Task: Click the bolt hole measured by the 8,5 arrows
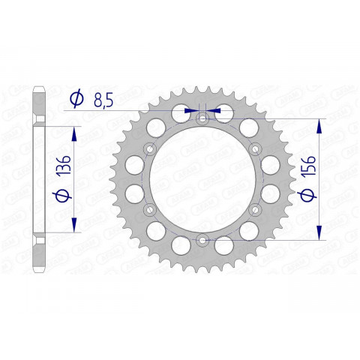tap(202, 118)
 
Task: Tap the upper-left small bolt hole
tap(150, 148)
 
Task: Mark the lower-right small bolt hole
tap(255, 209)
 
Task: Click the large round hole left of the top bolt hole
tap(181, 113)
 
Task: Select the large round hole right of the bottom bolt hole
tap(224, 244)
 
